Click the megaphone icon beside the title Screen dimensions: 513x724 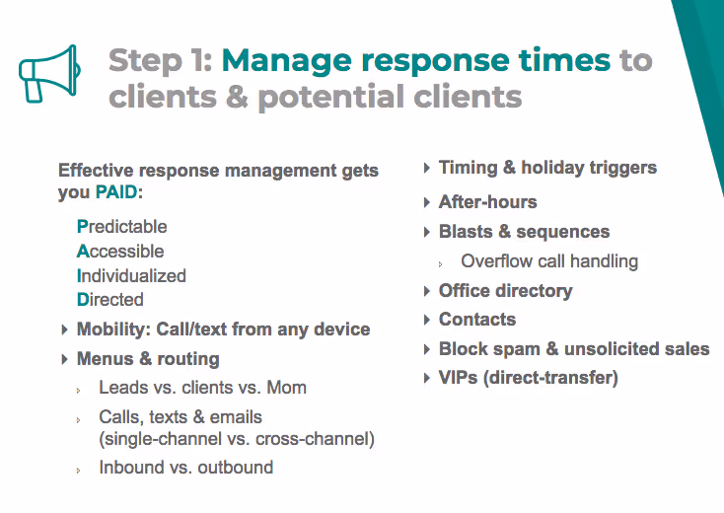pos(47,71)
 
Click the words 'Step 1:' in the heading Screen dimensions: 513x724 pos(160,60)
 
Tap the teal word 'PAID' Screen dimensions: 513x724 pos(116,193)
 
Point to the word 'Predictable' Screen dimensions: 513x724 pos(122,227)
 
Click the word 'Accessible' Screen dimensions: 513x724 pos(120,252)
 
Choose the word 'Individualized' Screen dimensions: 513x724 pos(131,276)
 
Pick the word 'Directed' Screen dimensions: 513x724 pos(110,300)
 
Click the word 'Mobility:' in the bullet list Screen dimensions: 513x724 pos(113,330)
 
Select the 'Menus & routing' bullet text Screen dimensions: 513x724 pos(148,359)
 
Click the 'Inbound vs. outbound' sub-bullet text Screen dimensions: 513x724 pos(185,468)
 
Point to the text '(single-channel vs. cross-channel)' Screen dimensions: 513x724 pos(237,439)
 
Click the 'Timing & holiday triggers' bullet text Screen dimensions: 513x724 pos(547,168)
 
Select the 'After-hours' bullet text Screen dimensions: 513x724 pos(487,202)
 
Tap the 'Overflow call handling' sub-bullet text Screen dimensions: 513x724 pos(549,261)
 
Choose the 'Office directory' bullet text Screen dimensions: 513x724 pos(505,291)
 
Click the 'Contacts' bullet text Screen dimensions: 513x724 pos(476,320)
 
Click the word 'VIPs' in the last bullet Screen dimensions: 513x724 pos(459,378)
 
